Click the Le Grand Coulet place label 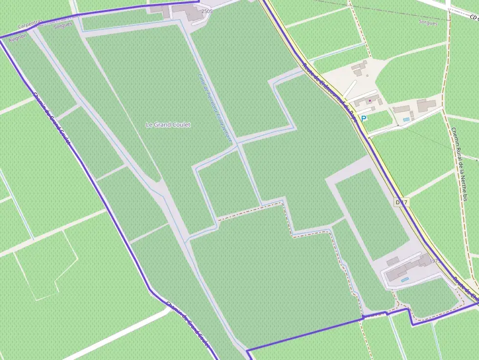click(168, 125)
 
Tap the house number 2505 click(207, 11)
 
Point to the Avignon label click(17, 36)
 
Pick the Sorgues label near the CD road click(428, 22)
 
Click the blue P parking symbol click(363, 118)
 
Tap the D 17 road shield click(401, 202)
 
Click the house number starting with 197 click(435, 262)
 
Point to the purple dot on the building click(370, 100)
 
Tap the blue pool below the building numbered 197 click(405, 279)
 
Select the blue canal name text click(215, 107)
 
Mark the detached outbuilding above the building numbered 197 click(392, 261)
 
